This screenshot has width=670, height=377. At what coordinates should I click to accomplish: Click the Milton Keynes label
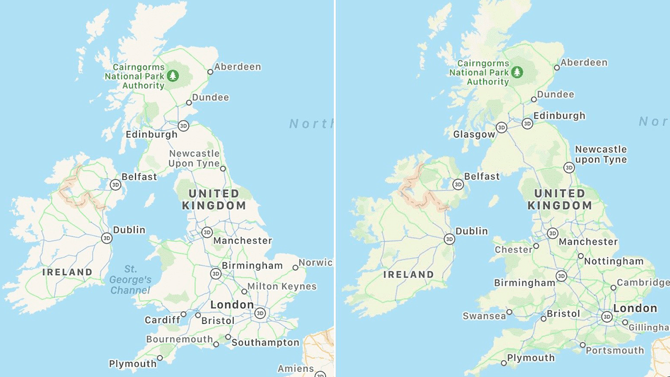pyautogui.click(x=282, y=286)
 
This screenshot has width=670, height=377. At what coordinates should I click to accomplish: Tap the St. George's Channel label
pyautogui.click(x=130, y=280)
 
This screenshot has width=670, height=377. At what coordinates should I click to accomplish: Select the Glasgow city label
pyautogui.click(x=474, y=135)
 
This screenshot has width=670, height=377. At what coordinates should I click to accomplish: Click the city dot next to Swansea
pyautogui.click(x=509, y=312)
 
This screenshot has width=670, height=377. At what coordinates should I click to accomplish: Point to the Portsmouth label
pyautogui.click(x=615, y=350)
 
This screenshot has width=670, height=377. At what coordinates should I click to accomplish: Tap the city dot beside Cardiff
pyautogui.click(x=183, y=315)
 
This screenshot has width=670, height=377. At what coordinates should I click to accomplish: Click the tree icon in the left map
pyautogui.click(x=173, y=76)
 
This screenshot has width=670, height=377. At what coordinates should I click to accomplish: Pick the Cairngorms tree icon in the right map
pyautogui.click(x=518, y=72)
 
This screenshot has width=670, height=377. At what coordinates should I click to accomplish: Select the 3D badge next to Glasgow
pyautogui.click(x=501, y=127)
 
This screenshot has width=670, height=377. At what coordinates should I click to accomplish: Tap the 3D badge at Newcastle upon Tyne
pyautogui.click(x=569, y=168)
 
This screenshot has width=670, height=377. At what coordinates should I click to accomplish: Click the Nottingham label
pyautogui.click(x=613, y=261)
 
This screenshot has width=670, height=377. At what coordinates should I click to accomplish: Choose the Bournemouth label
pyautogui.click(x=180, y=339)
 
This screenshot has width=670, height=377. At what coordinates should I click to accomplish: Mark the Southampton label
pyautogui.click(x=265, y=343)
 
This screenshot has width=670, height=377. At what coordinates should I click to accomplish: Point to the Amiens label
pyautogui.click(x=296, y=369)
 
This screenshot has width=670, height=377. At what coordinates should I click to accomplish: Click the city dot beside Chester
pyautogui.click(x=536, y=246)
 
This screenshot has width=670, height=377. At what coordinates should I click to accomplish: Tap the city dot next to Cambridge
pyautogui.click(x=613, y=287)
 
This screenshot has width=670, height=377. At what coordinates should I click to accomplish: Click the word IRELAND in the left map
pyautogui.click(x=67, y=272)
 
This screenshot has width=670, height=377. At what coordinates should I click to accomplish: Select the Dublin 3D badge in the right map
pyautogui.click(x=449, y=239)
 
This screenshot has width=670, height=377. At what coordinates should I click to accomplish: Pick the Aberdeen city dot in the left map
pyautogui.click(x=210, y=72)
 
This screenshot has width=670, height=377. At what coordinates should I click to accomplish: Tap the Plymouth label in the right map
pyautogui.click(x=531, y=358)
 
